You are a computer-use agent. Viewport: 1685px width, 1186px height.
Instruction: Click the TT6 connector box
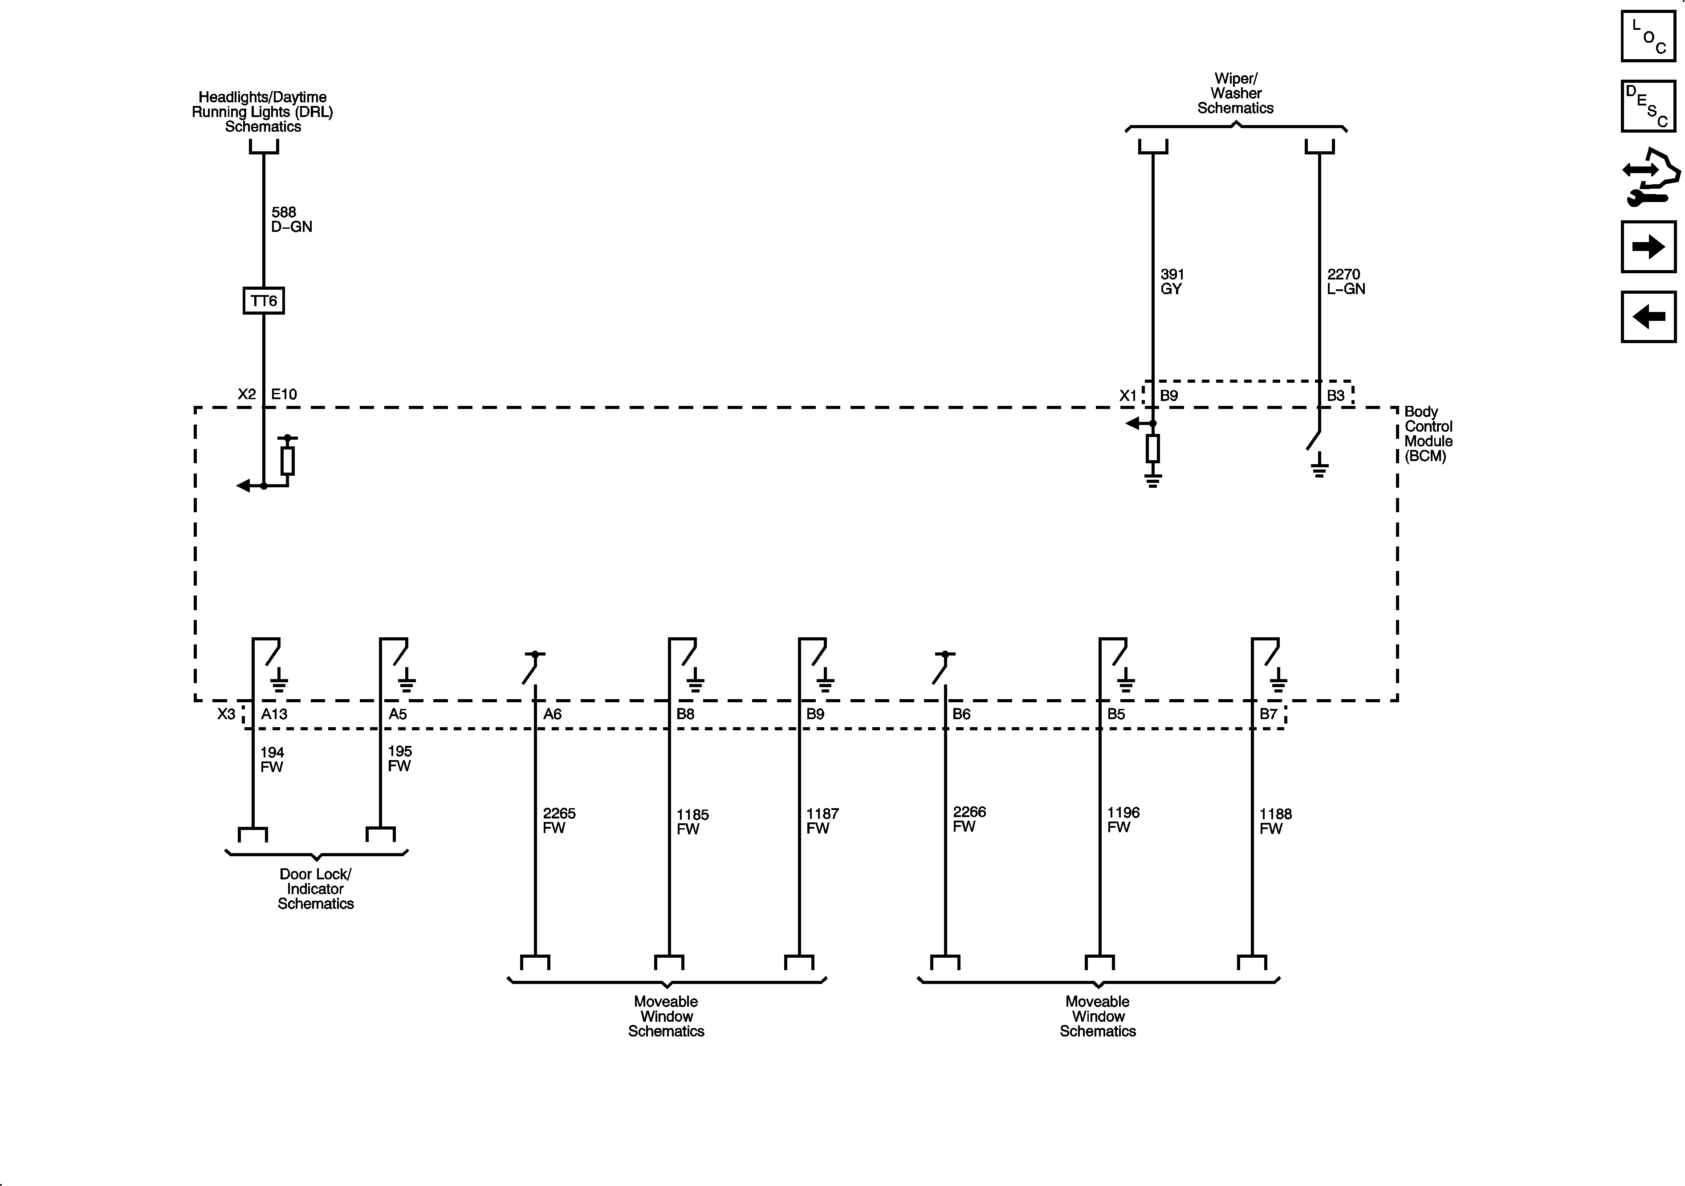pos(264,301)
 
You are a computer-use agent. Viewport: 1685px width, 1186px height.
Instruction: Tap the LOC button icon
pos(1648,36)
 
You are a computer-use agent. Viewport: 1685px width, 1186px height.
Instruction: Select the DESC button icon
pos(1648,106)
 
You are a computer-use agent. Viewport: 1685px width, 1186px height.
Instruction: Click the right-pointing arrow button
pos(1648,247)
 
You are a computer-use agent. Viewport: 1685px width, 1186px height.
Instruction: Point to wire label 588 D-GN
pos(291,219)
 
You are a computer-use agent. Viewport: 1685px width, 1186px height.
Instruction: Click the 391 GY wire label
pos(1172,282)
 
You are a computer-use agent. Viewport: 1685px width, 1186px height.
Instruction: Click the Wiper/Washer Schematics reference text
pos(1236,93)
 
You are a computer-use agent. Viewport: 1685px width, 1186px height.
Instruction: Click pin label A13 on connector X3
pos(274,714)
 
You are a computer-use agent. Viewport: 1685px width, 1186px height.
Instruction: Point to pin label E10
pos(284,395)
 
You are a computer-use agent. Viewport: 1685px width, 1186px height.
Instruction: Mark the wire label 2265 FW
pos(558,820)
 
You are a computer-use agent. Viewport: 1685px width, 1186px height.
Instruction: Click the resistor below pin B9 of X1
pos(1153,448)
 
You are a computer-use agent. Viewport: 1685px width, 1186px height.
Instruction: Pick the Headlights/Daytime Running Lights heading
pos(263,112)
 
